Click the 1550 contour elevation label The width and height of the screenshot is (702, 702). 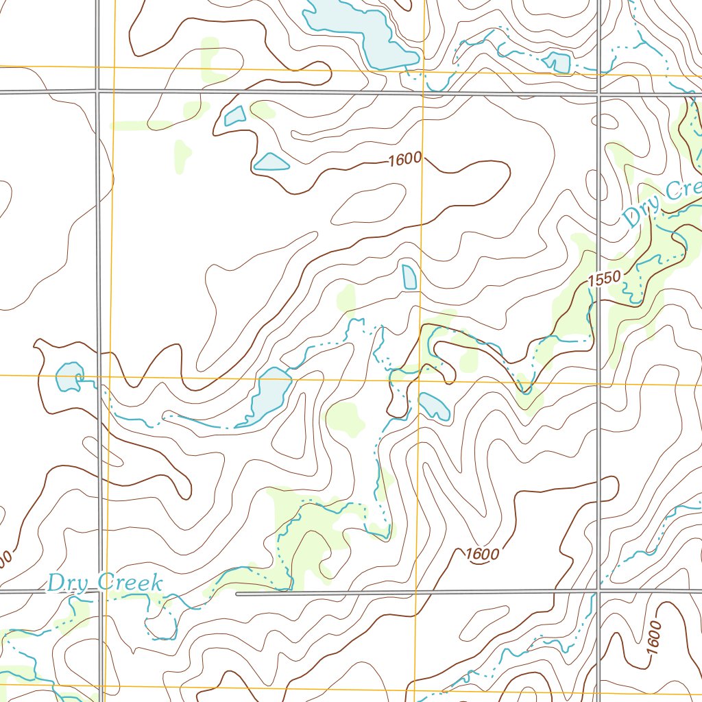point(603,278)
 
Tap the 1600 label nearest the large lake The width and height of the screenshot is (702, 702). point(404,160)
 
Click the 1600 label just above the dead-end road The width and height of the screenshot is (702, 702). point(482,554)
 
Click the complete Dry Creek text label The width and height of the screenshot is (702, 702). point(105,583)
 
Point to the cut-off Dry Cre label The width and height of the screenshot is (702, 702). point(662,202)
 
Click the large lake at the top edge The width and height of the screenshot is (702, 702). point(356,31)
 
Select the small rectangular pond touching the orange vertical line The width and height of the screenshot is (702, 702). point(409,277)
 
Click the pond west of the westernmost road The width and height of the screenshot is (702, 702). point(69,378)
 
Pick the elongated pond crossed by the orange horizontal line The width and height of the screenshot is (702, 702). point(271,395)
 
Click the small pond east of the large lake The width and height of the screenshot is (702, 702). point(557,62)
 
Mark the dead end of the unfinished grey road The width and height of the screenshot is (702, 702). point(238,594)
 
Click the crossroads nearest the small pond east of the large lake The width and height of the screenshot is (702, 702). point(599,91)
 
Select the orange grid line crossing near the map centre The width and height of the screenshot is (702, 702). point(420,379)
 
